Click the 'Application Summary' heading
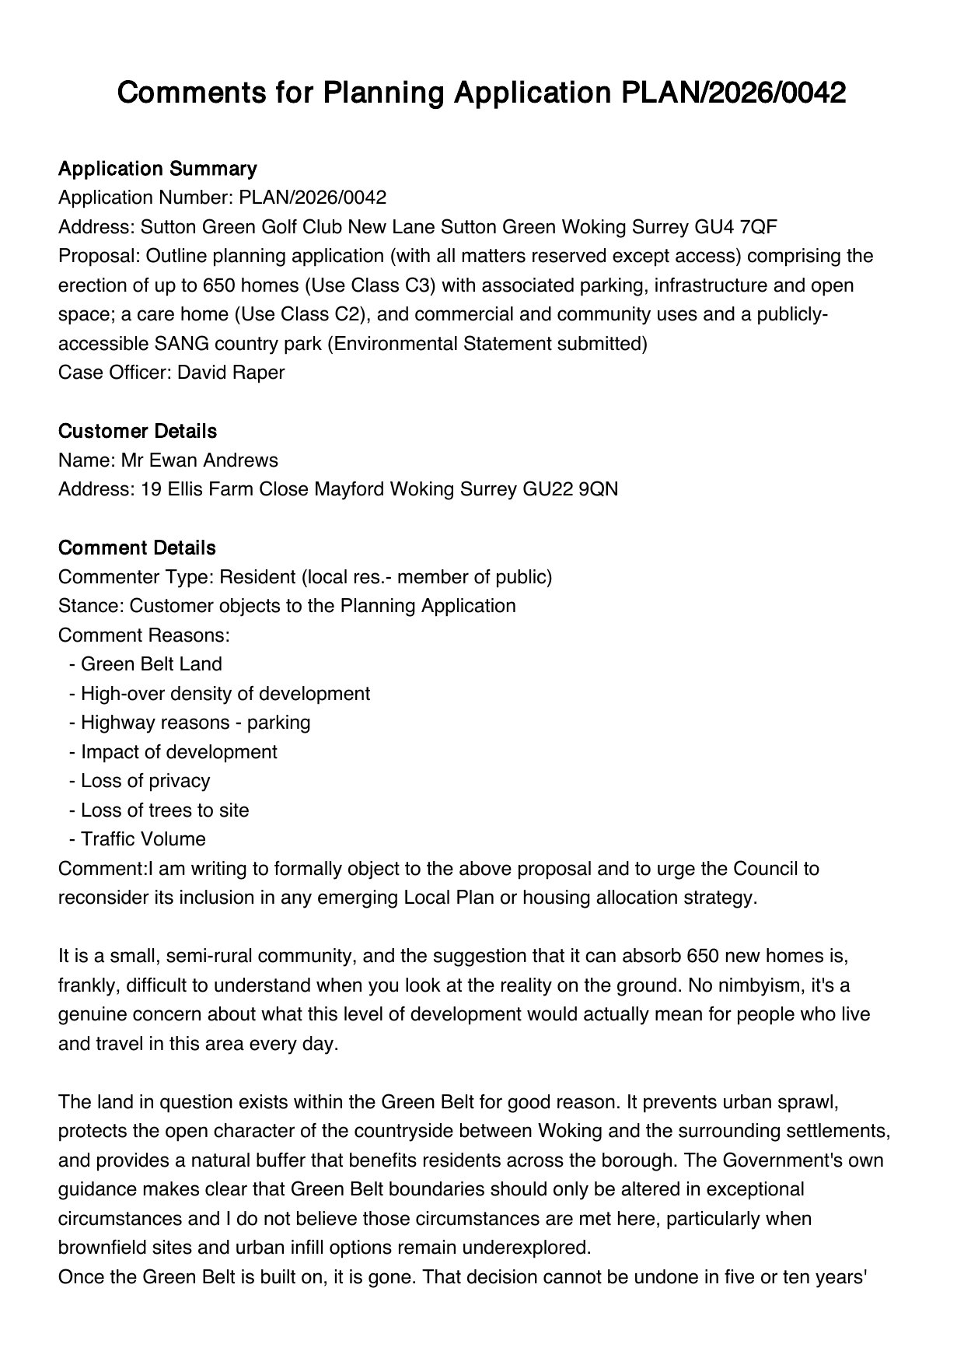pos(157,169)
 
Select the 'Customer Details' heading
pos(138,431)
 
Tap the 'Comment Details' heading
pos(137,548)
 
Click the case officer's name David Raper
pos(231,373)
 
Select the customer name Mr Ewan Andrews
pos(199,460)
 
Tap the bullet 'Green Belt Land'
pos(151,664)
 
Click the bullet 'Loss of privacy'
pos(145,781)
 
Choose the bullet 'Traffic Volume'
pos(143,839)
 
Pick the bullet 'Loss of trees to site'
pos(165,810)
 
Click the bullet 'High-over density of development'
pos(225,694)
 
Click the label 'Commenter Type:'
pos(136,577)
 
